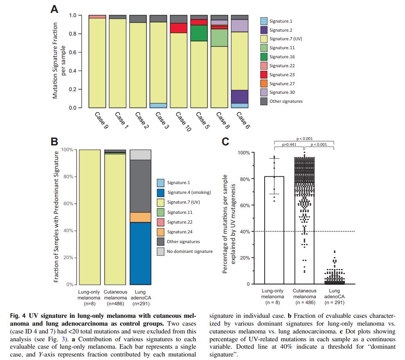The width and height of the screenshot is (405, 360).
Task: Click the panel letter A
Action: [55, 9]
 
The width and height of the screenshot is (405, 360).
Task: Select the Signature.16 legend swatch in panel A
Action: [264, 57]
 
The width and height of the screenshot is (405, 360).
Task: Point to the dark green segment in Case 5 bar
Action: [199, 33]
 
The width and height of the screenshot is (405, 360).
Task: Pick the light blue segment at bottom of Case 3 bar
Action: [158, 106]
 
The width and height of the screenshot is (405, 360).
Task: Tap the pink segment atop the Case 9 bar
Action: [97, 17]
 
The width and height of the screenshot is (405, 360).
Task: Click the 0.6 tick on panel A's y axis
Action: [73, 52]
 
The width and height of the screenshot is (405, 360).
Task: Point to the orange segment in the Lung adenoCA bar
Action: [140, 217]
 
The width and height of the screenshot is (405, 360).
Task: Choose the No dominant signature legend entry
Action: [190, 251]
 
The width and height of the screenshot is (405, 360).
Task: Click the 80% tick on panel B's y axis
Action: [68, 177]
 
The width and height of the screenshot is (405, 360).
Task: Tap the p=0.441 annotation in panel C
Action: [290, 144]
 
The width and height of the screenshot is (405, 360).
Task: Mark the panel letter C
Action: [226, 141]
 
